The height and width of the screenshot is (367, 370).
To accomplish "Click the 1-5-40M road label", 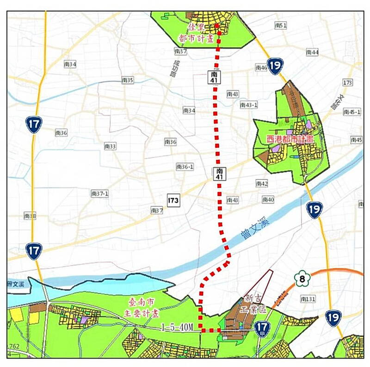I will click(x=177, y=327).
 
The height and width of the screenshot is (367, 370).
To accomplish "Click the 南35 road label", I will click(x=127, y=80).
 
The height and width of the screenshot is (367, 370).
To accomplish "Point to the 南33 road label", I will click(x=110, y=146).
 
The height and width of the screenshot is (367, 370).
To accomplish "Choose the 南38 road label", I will click(x=30, y=216).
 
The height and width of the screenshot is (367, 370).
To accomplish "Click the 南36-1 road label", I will click(x=185, y=167).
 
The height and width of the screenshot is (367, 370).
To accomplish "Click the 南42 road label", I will click(x=262, y=184).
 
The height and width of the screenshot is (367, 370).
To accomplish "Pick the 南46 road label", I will click(x=261, y=68).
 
